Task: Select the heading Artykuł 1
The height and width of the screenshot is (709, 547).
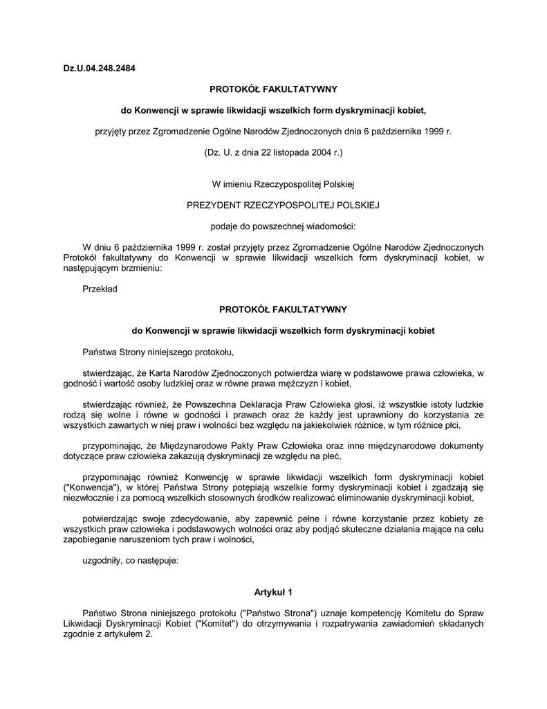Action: pos(273,592)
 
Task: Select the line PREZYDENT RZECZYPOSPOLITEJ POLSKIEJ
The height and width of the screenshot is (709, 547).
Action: pos(273,205)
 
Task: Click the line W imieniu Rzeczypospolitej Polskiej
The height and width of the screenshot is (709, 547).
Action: pos(273,184)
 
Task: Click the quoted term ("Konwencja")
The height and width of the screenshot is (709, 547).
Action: pos(87,487)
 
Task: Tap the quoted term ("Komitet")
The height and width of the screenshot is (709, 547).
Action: pos(219,623)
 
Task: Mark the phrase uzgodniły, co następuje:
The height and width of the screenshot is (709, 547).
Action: pos(130,562)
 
